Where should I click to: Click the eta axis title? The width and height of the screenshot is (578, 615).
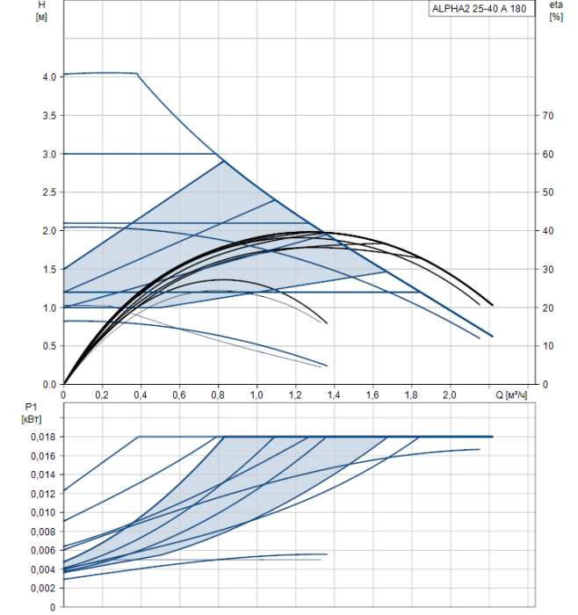point(555,5)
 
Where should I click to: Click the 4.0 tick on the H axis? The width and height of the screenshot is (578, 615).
point(49,77)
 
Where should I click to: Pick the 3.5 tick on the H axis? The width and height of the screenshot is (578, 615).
point(49,116)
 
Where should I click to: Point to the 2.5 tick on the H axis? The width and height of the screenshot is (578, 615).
point(49,192)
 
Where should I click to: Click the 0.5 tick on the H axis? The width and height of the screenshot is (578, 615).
point(49,346)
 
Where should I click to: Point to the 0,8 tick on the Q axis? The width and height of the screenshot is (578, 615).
point(218,396)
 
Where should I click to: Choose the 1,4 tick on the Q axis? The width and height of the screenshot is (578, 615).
point(334,396)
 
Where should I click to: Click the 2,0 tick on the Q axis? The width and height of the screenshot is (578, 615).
point(450,396)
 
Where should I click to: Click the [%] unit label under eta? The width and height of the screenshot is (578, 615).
point(555,18)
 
